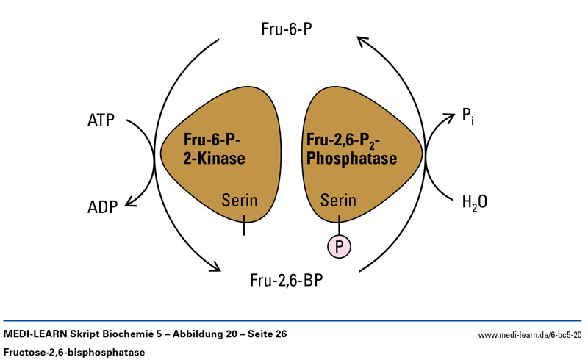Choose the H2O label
click(474, 201)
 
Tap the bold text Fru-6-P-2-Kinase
click(214, 148)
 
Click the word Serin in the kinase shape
click(240, 200)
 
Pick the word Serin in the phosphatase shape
click(338, 200)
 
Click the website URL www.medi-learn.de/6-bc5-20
click(530, 335)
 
